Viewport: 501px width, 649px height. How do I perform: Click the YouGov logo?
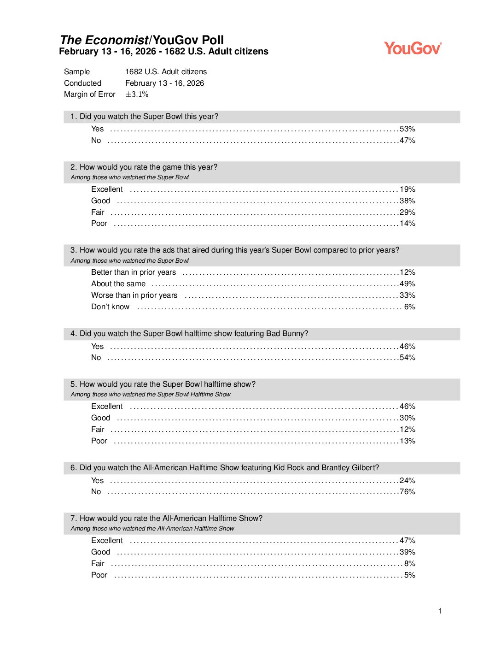[413, 48]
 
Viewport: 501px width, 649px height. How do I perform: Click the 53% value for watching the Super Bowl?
[407, 129]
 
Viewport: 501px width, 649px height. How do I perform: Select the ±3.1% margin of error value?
[137, 94]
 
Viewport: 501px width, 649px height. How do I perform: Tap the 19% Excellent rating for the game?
[407, 189]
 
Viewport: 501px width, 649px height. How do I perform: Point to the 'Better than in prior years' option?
[134, 272]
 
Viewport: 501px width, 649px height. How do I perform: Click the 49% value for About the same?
[407, 284]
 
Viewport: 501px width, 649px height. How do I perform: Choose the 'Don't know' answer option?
[111, 307]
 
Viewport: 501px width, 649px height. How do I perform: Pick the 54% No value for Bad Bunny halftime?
[407, 358]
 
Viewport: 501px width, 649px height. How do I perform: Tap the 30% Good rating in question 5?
[407, 418]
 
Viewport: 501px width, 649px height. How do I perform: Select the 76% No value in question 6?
[407, 492]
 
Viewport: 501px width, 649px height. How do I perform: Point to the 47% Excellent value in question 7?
[407, 541]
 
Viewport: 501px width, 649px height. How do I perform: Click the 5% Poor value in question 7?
[409, 575]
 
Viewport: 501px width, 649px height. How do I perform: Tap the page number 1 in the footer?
[440, 611]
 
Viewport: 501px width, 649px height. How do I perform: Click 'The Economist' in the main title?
[104, 40]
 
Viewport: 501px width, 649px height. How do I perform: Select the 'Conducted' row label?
[83, 83]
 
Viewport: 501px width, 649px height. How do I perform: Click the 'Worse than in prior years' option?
[134, 295]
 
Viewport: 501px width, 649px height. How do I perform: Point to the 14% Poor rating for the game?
[407, 224]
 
